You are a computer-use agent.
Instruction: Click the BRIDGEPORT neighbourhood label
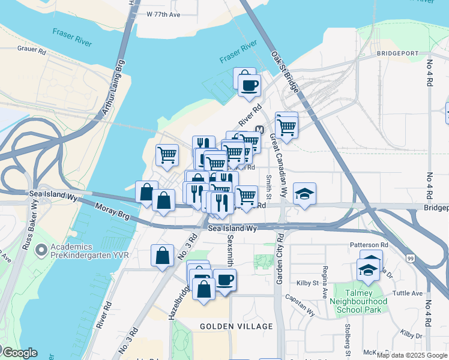pos(397,53)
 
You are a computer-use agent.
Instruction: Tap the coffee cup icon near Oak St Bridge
pos(249,85)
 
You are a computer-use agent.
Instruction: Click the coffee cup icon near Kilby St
pos(225,280)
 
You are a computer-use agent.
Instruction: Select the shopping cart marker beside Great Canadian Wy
pos(287,127)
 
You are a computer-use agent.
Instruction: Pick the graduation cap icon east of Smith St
pos(305,194)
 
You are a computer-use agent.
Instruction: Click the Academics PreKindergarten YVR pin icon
pos(41,249)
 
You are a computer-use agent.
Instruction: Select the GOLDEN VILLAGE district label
pos(237,326)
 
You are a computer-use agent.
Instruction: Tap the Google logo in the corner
pos(19,353)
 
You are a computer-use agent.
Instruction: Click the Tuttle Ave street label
pos(408,293)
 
